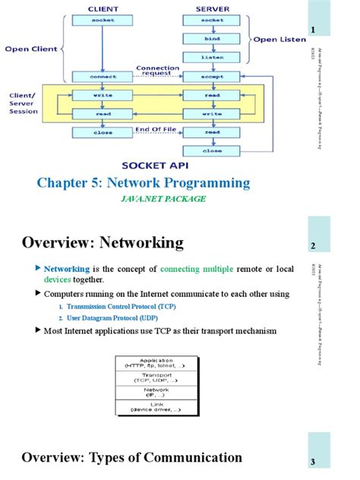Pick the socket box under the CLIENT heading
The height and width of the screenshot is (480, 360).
point(103,19)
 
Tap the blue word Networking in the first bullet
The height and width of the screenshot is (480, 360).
point(67,269)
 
